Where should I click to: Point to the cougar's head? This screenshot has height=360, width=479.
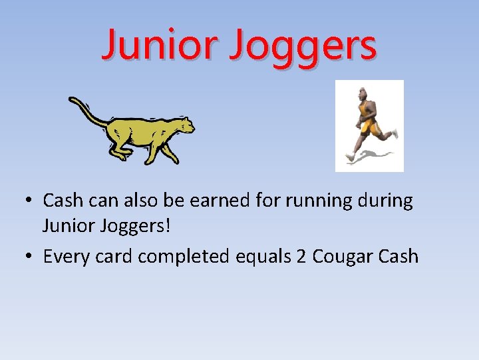pyautogui.click(x=183, y=125)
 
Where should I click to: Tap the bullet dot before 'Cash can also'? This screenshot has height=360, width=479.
pyautogui.click(x=31, y=201)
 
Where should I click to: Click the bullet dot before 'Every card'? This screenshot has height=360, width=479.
pyautogui.click(x=31, y=257)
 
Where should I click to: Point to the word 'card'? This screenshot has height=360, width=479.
pyautogui.click(x=116, y=257)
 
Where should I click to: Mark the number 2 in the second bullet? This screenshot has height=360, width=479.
pyautogui.click(x=301, y=257)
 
